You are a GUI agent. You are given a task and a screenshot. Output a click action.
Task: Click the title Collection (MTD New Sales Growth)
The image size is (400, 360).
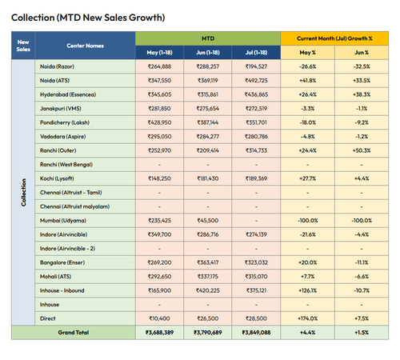[88, 18]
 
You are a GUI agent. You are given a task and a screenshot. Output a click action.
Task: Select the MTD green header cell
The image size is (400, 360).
[208, 38]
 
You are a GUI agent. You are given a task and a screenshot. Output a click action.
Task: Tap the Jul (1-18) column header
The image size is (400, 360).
[256, 53]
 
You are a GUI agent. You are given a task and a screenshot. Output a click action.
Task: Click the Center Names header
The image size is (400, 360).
[85, 46]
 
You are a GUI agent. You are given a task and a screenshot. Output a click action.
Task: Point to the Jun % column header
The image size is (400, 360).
[362, 53]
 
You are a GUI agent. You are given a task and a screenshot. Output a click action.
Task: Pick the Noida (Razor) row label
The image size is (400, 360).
[57, 66]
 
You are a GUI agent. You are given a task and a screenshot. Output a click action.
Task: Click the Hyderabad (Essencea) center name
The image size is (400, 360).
[68, 94]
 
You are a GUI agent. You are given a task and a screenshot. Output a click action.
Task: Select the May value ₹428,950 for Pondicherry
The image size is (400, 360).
[159, 122]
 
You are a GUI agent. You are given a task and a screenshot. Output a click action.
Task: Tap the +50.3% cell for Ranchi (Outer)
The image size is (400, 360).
[362, 150]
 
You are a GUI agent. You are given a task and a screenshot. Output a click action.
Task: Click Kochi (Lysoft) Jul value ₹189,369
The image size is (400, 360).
[256, 178]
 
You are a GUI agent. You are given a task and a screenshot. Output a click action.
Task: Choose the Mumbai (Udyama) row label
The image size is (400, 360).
[63, 221]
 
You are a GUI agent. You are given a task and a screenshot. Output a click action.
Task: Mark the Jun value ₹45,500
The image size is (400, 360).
[208, 221]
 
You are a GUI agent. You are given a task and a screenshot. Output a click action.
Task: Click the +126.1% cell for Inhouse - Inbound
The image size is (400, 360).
[308, 290]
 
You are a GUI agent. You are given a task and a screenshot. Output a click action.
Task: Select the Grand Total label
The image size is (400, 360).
[74, 332]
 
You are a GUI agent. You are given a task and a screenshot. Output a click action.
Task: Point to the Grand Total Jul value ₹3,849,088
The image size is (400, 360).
[256, 332]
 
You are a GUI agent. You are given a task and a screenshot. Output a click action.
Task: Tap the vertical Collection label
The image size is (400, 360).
[23, 192]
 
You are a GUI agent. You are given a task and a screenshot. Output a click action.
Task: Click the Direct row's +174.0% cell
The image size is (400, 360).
[308, 318]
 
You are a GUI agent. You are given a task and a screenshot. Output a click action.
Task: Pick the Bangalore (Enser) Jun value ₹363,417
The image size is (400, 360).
[208, 262]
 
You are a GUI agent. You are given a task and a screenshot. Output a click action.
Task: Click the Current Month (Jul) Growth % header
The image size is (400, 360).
[334, 38]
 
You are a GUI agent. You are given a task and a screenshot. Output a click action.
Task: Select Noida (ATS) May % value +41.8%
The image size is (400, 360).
[308, 81]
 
